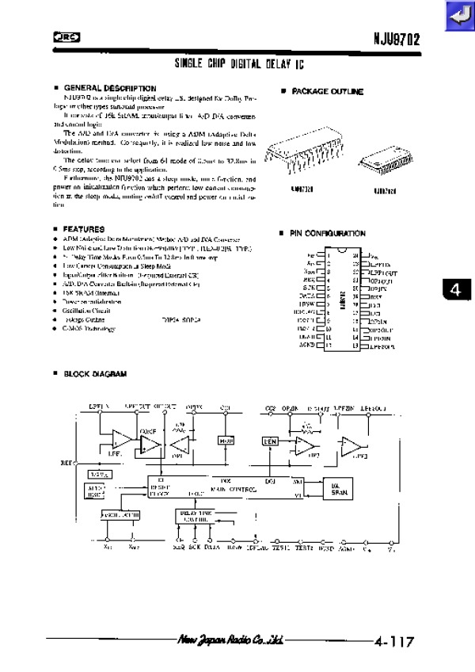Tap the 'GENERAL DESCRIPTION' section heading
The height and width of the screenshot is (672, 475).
pos(109,87)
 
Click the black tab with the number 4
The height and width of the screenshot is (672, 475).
pos(457,290)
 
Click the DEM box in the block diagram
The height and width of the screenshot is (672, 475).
pos(268,441)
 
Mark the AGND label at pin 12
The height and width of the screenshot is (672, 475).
pos(308,346)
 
